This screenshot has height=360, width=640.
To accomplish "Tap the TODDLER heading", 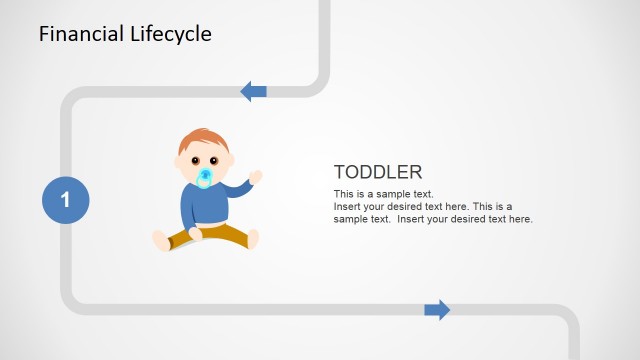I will click(x=377, y=172).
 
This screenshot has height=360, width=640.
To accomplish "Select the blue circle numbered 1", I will click(x=65, y=200).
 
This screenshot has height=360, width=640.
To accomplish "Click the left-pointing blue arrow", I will click(x=253, y=92).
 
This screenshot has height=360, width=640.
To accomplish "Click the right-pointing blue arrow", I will click(x=437, y=310).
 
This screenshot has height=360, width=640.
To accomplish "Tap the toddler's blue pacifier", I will click(x=205, y=178).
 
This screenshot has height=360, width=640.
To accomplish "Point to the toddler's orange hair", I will click(x=200, y=138).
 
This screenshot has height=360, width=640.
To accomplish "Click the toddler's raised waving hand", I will click(x=255, y=176).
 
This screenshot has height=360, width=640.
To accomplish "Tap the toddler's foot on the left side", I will click(x=161, y=240).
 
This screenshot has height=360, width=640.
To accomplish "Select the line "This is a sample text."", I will click(x=383, y=193).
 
